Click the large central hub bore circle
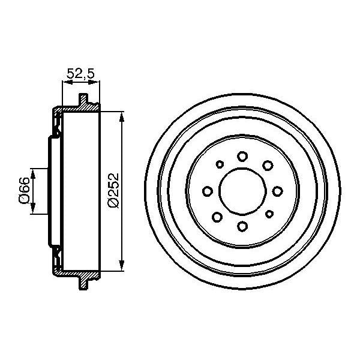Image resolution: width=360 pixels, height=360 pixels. (243, 191)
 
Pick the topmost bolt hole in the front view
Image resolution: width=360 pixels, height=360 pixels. (242, 156)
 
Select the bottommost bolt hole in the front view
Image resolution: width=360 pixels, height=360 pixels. (242, 226)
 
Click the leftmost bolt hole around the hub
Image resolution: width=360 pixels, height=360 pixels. (208, 191)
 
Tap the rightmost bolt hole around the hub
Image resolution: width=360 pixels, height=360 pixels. (278, 191)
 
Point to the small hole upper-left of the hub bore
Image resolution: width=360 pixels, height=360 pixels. (220, 163)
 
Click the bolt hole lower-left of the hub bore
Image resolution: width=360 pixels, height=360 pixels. (218, 216)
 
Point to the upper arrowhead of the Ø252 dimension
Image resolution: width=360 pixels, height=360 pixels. (122, 116)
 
